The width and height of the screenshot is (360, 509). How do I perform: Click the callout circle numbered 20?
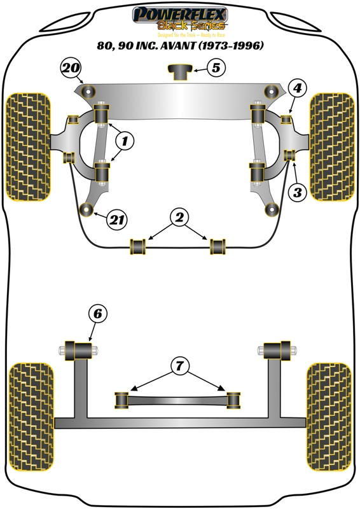pyautogui.click(x=71, y=69)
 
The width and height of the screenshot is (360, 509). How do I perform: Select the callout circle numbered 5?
pyautogui.click(x=216, y=68)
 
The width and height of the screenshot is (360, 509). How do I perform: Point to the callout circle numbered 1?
pyautogui.click(x=125, y=141)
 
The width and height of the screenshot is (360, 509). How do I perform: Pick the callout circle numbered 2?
pyautogui.click(x=180, y=218)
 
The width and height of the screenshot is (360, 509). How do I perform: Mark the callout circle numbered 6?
pyautogui.click(x=97, y=314)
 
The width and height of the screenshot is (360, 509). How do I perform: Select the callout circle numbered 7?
pyautogui.click(x=179, y=365)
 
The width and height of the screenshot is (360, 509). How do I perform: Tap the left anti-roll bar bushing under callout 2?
pyautogui.click(x=138, y=246)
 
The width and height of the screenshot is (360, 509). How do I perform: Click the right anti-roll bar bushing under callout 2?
pyautogui.click(x=219, y=246)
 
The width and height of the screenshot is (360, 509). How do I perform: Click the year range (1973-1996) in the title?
pyautogui.click(x=227, y=46)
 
